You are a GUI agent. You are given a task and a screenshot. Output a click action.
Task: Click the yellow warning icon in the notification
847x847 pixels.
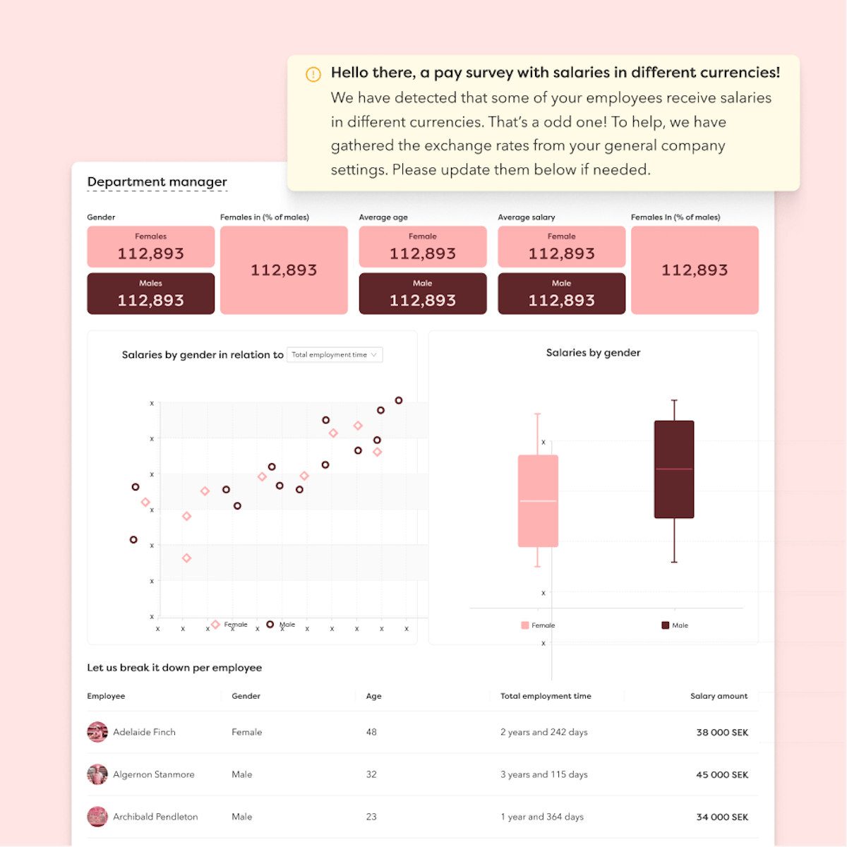(313, 74)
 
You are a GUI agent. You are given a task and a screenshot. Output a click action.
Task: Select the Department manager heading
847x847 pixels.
(157, 182)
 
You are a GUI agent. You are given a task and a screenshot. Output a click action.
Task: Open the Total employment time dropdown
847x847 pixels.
(335, 355)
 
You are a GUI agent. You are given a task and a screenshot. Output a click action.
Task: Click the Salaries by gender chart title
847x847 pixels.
(593, 353)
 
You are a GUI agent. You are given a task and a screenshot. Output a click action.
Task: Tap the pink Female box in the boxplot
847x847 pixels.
(538, 501)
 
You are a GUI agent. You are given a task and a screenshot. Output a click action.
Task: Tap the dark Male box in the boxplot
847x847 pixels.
(674, 469)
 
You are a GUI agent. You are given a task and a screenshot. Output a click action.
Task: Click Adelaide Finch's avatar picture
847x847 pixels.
(97, 732)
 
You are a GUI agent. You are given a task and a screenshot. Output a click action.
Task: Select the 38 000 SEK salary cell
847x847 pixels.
(721, 733)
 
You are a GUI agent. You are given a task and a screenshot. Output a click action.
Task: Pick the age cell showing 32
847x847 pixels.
(371, 774)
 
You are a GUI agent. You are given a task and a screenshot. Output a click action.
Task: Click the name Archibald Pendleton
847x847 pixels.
(155, 817)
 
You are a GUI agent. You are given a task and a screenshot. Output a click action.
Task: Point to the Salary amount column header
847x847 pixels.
(719, 696)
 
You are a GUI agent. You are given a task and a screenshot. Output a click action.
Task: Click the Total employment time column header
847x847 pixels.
(546, 696)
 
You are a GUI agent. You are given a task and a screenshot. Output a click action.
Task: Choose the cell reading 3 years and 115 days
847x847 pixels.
(543, 774)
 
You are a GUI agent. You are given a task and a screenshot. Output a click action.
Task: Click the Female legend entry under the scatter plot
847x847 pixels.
(231, 625)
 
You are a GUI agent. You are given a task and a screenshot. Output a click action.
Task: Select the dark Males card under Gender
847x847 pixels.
(151, 294)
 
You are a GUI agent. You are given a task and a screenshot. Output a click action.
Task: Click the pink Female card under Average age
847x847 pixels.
(423, 247)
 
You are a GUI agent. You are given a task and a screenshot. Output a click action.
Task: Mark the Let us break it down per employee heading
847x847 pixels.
(174, 668)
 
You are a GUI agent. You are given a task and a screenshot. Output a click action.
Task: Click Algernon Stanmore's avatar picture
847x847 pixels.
(97, 774)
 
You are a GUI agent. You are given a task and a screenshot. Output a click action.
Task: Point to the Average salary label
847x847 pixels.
(526, 217)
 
